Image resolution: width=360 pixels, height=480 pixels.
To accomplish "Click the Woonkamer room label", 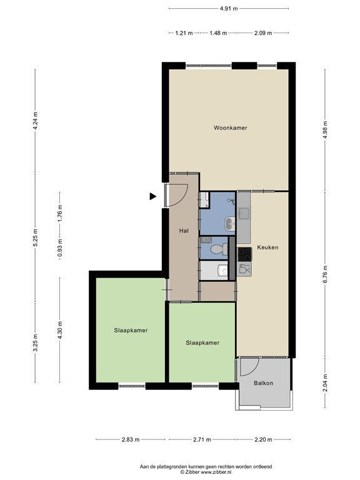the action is [230, 128].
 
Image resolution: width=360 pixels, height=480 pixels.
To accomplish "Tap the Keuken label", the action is [268, 247].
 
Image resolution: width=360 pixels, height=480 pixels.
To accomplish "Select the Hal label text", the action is [184, 231].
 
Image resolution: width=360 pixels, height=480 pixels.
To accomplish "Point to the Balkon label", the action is [263, 383].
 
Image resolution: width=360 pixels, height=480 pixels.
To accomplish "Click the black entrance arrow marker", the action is [152, 196].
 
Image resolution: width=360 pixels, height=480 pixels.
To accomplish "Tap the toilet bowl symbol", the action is [218, 249].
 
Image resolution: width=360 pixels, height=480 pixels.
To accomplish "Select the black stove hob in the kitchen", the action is [244, 254].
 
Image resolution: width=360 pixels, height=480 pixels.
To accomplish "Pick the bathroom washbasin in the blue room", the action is [230, 224].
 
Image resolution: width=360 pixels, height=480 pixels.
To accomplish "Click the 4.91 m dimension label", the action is [229, 9].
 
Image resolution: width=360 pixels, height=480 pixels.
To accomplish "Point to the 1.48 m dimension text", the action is [218, 33].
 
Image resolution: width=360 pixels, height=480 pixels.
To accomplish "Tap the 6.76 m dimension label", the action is [325, 274].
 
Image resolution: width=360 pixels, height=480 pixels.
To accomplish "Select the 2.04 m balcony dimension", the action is [325, 383].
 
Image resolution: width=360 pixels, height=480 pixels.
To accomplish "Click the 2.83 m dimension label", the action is [131, 440].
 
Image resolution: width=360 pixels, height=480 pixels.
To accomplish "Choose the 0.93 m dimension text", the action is [60, 247].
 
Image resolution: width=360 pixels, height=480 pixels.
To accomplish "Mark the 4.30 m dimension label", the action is [60, 330].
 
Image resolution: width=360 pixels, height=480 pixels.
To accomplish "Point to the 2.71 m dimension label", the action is [202, 440].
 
